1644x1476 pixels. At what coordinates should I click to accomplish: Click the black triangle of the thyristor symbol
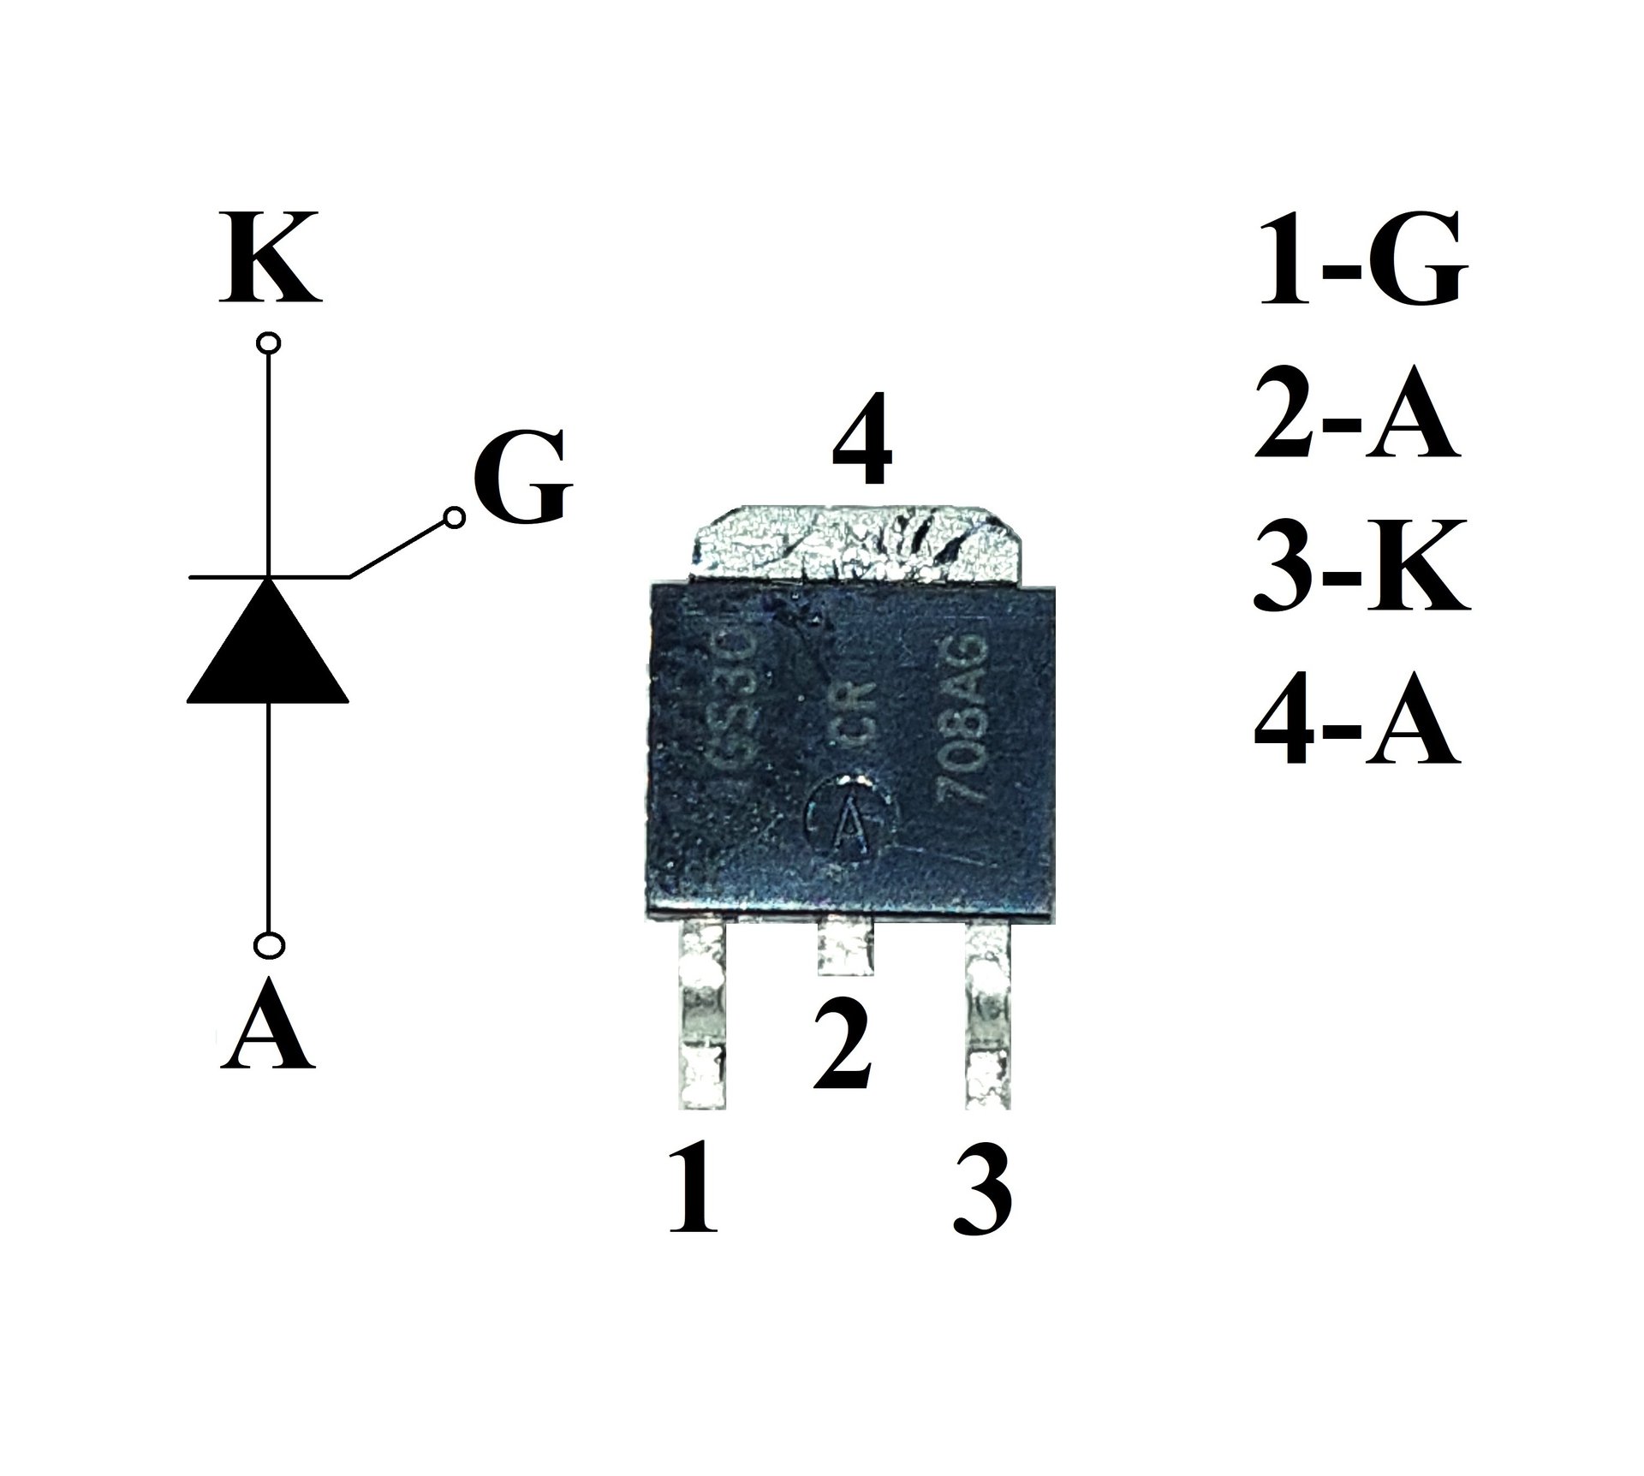pyautogui.click(x=268, y=644)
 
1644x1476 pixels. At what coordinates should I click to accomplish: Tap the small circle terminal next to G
pyautogui.click(x=455, y=517)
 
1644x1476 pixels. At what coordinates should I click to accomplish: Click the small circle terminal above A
pyautogui.click(x=269, y=945)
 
